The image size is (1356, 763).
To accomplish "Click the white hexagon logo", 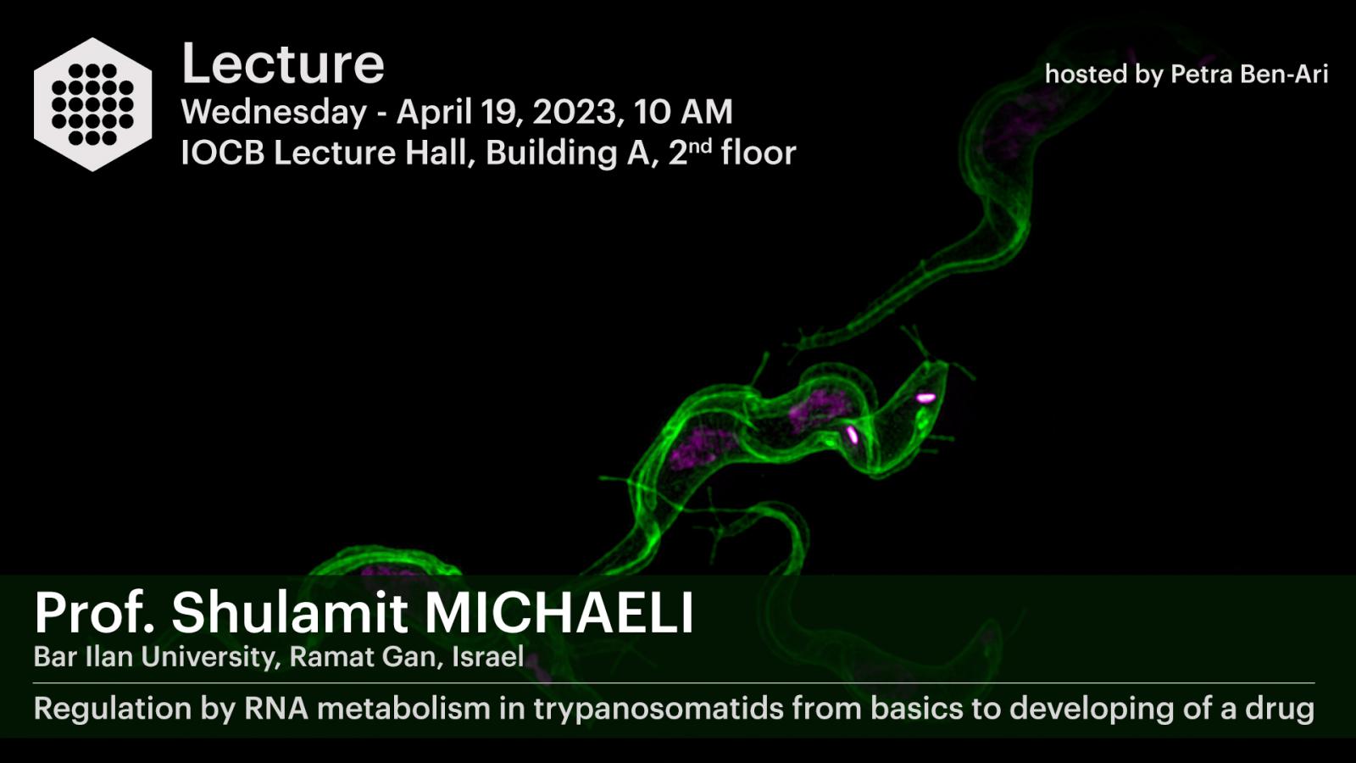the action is click(x=92, y=104).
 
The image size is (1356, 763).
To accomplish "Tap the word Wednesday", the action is click(x=275, y=112).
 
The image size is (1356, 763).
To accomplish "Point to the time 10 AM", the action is click(x=683, y=112).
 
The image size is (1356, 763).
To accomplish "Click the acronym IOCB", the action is click(x=223, y=153).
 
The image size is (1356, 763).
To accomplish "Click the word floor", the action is click(x=759, y=152).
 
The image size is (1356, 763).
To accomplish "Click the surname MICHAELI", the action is click(x=559, y=612).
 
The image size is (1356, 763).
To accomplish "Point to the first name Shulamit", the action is click(x=290, y=612).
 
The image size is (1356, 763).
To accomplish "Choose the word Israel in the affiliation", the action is click(x=488, y=656).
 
